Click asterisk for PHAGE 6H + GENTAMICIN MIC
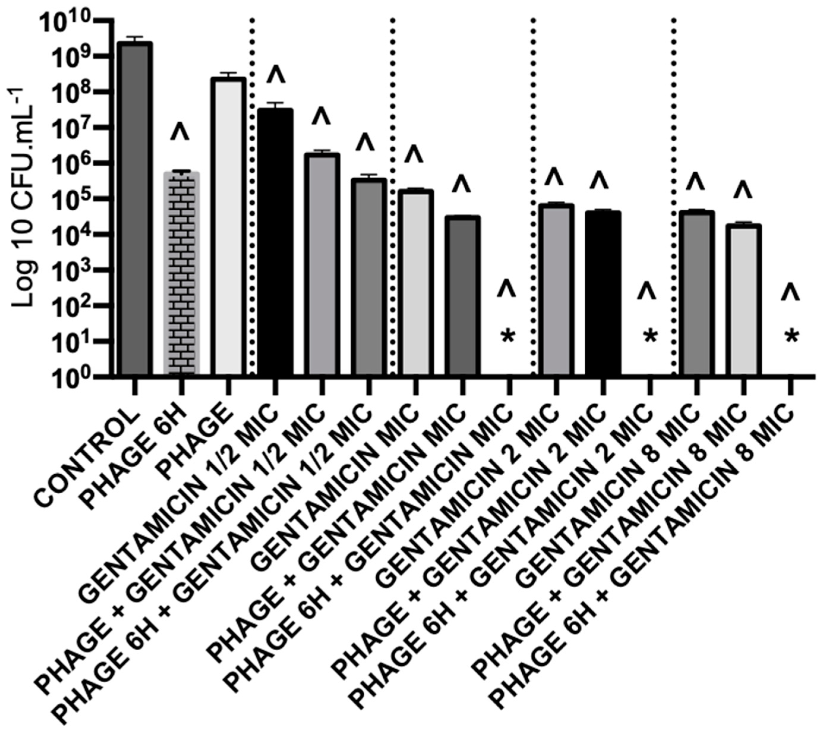[508, 337]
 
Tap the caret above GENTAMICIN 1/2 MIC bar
[276, 75]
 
